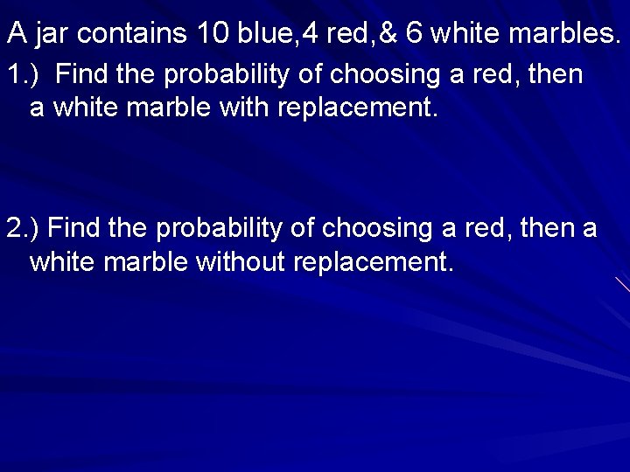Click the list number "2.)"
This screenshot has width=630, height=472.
pos(24,229)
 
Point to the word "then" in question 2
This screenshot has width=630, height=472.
pos(549,229)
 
